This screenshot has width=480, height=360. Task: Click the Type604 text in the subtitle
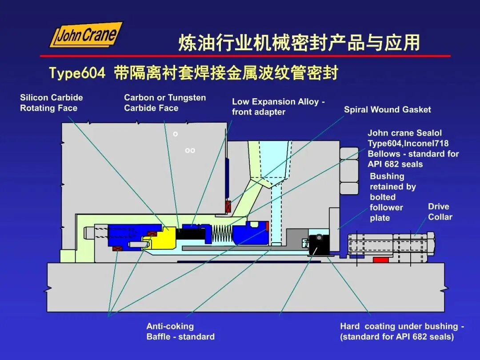tap(77, 72)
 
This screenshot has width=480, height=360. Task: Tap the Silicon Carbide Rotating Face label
tap(51, 103)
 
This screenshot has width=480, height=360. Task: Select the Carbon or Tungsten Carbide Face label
tap(165, 103)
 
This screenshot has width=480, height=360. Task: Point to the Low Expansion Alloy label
tap(278, 107)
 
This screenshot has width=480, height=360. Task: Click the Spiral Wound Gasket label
tap(387, 109)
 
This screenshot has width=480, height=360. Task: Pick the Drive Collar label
tap(440, 212)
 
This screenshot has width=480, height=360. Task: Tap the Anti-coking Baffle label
tap(180, 332)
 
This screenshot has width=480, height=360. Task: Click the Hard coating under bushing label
tap(402, 332)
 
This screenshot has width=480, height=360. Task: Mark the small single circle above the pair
tap(176, 133)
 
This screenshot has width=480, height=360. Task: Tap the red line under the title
tap(245, 56)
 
